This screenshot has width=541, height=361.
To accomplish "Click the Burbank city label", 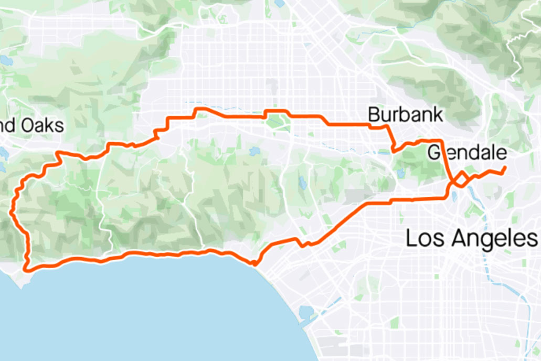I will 405,114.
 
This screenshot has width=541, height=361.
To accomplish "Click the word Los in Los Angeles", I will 423,239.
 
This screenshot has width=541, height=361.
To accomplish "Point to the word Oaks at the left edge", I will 41,126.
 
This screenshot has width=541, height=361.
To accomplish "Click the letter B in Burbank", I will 373,114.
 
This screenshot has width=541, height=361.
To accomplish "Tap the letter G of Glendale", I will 434,153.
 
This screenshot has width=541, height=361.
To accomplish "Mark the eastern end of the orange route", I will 505,167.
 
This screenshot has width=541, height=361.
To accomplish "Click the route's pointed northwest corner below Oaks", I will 57,153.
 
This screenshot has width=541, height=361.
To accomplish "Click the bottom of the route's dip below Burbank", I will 394,151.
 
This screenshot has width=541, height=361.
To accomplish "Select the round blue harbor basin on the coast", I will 305,313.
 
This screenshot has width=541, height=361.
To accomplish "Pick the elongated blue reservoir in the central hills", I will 303,183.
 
